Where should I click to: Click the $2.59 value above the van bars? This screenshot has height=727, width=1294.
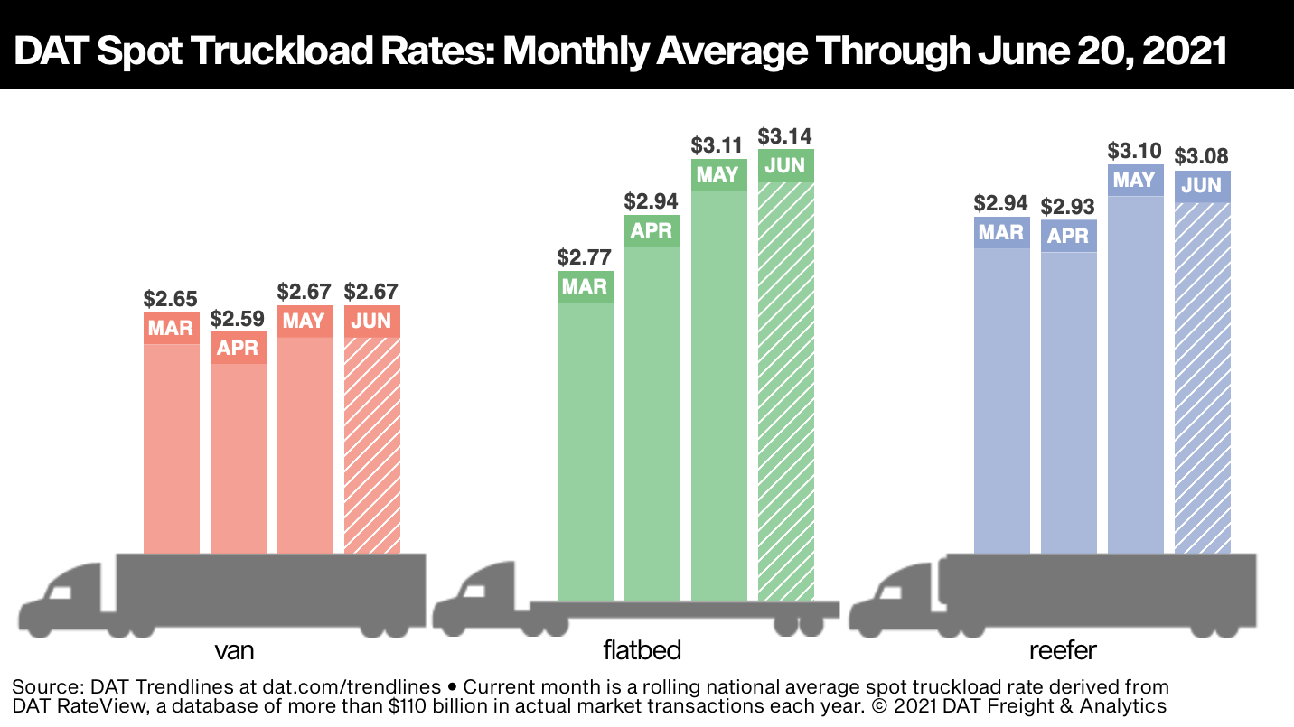click(238, 319)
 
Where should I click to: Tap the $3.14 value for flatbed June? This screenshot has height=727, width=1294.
click(785, 136)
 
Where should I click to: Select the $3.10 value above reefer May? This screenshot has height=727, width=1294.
click(1135, 151)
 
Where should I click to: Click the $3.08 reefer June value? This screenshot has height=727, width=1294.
click(1201, 156)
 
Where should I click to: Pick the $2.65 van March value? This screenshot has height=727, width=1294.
click(171, 298)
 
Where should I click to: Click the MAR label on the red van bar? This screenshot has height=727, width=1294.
click(171, 328)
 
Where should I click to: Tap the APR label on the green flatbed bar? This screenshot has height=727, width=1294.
click(652, 231)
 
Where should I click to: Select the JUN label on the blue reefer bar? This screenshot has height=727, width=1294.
click(1202, 186)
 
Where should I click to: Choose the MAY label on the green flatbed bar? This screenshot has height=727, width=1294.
click(718, 175)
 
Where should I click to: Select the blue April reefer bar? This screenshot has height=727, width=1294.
click(1068, 402)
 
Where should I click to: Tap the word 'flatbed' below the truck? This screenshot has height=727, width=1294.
click(642, 650)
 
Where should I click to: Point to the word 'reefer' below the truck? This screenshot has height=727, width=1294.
click(1062, 650)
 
